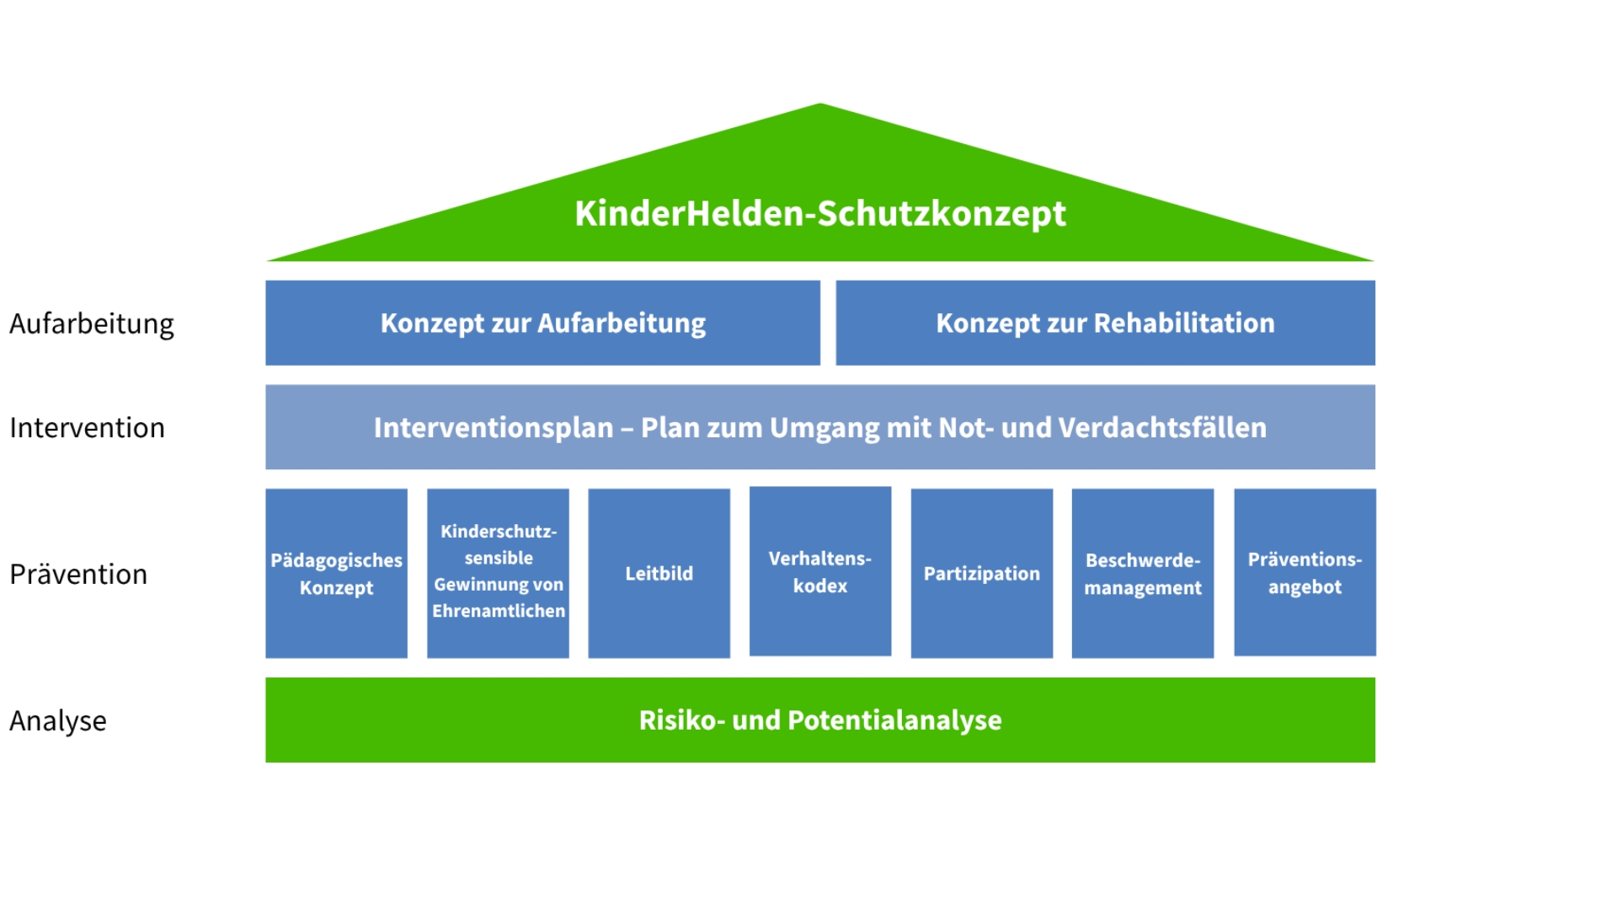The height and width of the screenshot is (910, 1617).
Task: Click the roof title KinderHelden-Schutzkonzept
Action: click(820, 213)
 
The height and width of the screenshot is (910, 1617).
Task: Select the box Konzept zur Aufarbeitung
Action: click(542, 323)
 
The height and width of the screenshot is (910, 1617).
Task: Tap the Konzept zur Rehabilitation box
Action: click(1105, 323)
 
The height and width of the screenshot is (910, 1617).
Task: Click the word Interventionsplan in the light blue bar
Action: click(494, 428)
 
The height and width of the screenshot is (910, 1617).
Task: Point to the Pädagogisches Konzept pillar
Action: click(336, 573)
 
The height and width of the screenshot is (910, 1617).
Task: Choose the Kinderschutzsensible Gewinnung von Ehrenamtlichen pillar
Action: click(498, 573)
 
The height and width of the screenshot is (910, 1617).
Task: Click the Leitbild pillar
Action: click(659, 573)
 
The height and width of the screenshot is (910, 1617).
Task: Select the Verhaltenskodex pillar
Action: click(820, 571)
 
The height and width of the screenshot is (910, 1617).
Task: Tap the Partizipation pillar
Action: click(982, 573)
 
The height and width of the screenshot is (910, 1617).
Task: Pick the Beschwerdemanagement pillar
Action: click(1143, 573)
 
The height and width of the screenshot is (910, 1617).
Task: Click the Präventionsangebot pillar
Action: click(1305, 572)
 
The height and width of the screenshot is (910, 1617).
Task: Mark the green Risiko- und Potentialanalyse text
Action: click(820, 720)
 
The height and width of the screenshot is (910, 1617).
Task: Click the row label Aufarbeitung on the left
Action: click(92, 324)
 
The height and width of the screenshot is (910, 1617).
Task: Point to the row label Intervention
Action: click(87, 428)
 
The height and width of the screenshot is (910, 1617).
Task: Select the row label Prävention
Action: click(78, 575)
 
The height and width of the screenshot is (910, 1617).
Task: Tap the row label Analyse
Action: click(58, 721)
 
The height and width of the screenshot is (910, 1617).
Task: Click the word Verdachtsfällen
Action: click(1162, 428)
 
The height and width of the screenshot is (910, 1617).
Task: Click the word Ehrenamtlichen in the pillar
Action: click(499, 611)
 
